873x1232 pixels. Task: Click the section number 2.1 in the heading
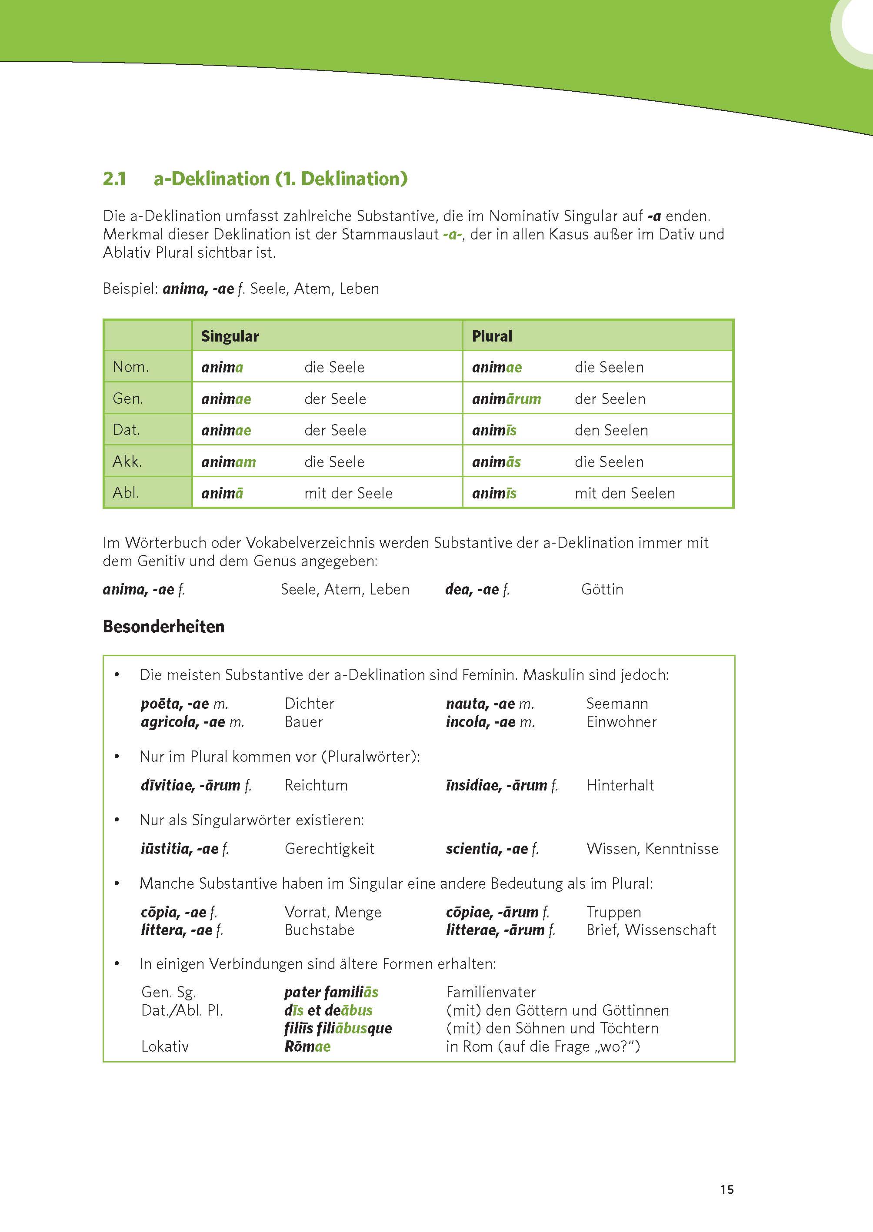pos(114,179)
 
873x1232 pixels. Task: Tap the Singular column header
pos(230,336)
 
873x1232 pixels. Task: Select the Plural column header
pos(492,336)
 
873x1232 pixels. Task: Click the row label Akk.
pos(127,462)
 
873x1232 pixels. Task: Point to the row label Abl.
pos(126,493)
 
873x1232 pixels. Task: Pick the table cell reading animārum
pos(506,398)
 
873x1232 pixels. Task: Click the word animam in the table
pos(228,462)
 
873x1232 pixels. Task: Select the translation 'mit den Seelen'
pos(625,493)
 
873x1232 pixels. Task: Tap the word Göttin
pos(602,589)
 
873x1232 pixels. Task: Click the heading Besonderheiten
pos(163,627)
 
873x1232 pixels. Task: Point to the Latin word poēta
pos(160,703)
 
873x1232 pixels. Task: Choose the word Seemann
pos(617,703)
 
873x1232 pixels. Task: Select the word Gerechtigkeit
pos(329,848)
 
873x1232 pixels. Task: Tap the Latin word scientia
pos(473,848)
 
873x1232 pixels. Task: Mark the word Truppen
pos(613,912)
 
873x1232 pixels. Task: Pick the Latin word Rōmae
pos(307,1046)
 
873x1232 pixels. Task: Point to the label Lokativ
pos(165,1046)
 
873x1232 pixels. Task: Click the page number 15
pos(727,1189)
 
